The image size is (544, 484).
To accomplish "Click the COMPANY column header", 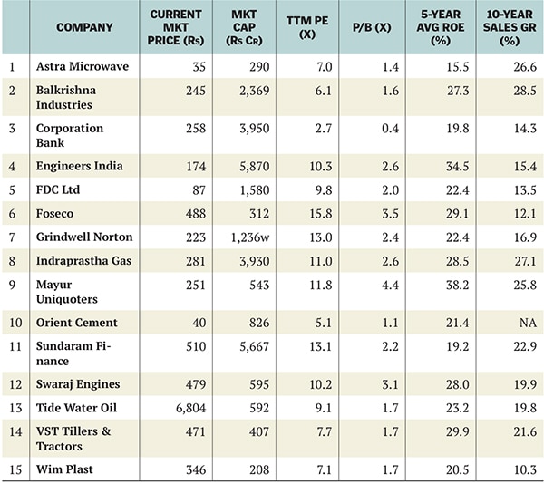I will (x=84, y=27).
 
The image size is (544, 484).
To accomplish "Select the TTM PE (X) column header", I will (x=307, y=27).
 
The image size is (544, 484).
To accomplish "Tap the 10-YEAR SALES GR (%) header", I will (x=509, y=27).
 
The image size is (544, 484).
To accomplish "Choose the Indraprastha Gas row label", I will (x=84, y=261).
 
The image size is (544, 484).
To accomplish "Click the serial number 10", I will (x=14, y=324).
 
